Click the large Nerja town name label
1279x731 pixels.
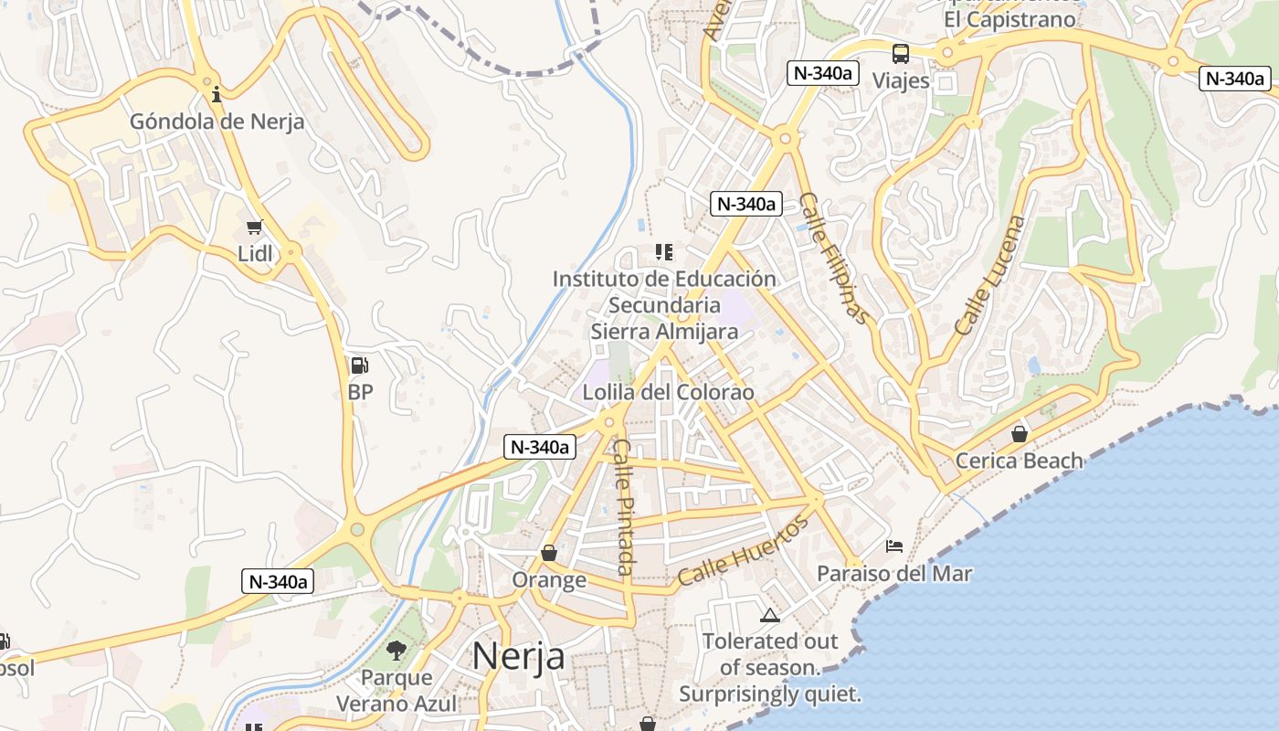(x=518, y=656)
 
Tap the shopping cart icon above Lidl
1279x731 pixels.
(x=255, y=227)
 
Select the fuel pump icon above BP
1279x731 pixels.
(x=360, y=365)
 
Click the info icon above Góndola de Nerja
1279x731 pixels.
(x=217, y=94)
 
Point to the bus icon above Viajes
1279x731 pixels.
(x=901, y=53)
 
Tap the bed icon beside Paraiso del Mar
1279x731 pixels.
(x=895, y=546)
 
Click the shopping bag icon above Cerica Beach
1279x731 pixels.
(x=1020, y=433)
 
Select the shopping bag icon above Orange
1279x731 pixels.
(x=549, y=553)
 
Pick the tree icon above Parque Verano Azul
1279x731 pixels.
(x=396, y=651)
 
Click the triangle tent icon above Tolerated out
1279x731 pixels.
(x=769, y=615)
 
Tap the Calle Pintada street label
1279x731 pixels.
(x=624, y=508)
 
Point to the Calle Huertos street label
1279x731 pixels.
(x=744, y=551)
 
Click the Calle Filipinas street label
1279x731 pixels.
(x=832, y=258)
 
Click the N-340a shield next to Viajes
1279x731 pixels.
(x=823, y=73)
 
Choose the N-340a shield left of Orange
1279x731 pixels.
(x=278, y=581)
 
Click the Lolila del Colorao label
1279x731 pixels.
(x=669, y=393)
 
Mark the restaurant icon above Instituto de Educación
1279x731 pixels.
(x=664, y=251)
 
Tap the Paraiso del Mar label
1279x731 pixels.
(x=894, y=574)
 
